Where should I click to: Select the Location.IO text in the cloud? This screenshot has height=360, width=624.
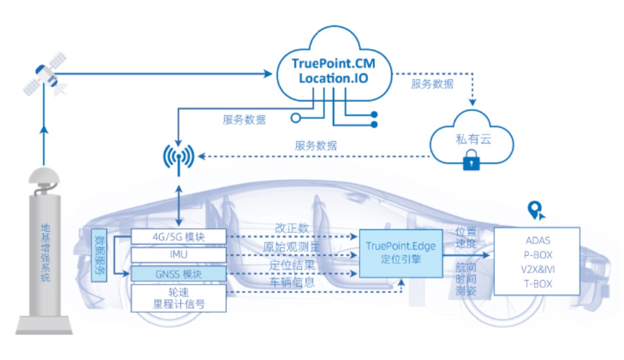(x=334, y=77)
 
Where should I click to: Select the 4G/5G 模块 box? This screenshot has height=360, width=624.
(x=178, y=236)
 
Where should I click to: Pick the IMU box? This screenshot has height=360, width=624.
(x=178, y=255)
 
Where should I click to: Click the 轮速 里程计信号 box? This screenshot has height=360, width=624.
(x=178, y=297)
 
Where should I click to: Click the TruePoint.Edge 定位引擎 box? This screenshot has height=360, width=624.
(x=400, y=253)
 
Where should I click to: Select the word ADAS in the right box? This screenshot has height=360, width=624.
(x=538, y=240)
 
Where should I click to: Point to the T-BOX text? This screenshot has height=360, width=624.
(x=538, y=284)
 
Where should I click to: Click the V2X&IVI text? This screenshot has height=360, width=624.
(x=538, y=269)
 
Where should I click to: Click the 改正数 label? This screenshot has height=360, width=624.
(x=292, y=228)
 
